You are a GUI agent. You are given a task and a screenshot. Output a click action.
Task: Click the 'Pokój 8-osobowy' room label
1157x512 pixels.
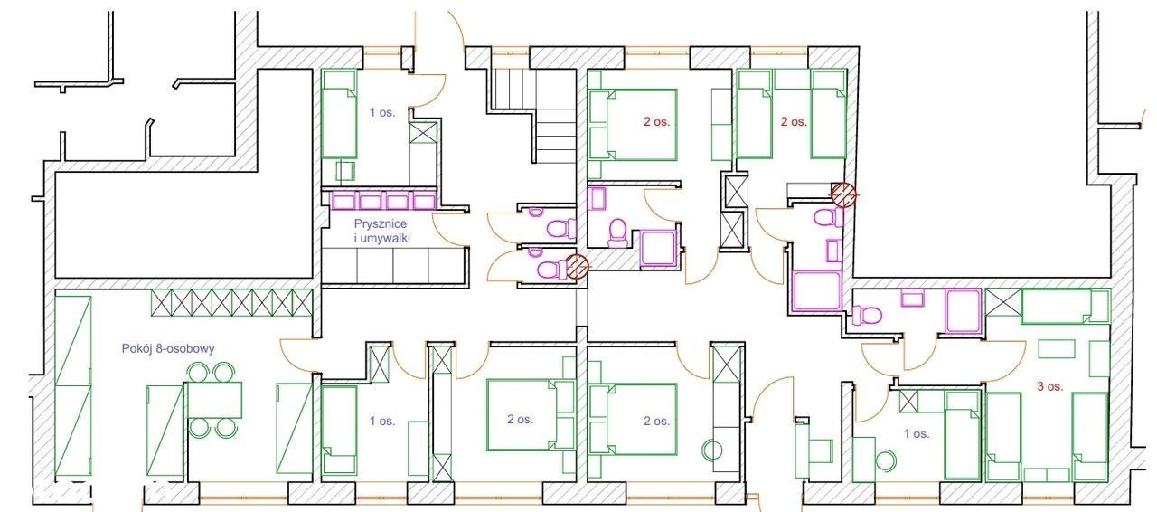tap(168, 348)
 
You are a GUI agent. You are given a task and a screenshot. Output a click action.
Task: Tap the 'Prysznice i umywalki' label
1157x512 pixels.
tap(381, 232)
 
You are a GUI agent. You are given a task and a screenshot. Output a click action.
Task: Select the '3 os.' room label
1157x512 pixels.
tap(1050, 386)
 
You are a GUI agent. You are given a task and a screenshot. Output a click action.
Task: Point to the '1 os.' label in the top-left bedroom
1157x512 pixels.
tap(382, 112)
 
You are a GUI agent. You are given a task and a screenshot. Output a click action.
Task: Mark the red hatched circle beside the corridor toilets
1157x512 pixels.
tap(577, 267)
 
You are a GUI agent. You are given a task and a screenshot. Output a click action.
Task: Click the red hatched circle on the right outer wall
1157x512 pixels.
tap(843, 195)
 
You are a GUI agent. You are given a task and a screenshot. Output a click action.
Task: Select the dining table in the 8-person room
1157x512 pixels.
tap(213, 400)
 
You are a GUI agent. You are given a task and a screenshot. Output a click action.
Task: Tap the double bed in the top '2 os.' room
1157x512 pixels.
tap(641, 125)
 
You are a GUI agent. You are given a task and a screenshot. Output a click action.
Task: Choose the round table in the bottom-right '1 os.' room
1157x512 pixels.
tap(885, 460)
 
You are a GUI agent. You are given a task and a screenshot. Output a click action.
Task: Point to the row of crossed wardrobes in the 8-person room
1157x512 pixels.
tap(232, 302)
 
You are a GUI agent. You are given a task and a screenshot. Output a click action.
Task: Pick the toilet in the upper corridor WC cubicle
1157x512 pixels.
tap(561, 228)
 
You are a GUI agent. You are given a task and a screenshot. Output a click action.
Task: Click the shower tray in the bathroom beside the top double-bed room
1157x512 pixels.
tap(658, 248)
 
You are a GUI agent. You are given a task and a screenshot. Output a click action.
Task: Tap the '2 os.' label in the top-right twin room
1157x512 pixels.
tap(794, 122)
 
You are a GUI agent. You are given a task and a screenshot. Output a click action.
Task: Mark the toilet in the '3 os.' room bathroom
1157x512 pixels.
tap(867, 315)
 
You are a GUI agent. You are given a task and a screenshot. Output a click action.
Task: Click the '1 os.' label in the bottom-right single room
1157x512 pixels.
tap(917, 434)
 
